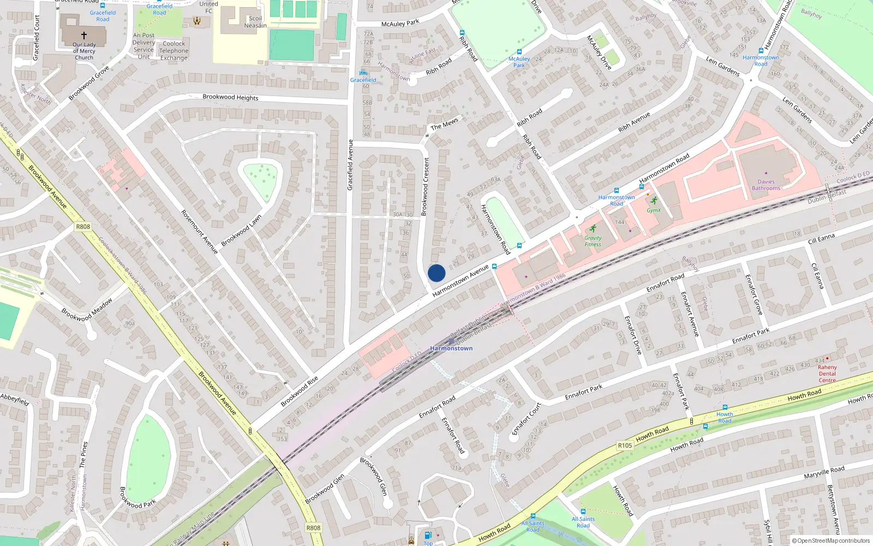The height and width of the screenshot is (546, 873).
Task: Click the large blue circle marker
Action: tap(436, 273)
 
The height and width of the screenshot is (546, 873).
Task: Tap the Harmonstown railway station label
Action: tap(451, 348)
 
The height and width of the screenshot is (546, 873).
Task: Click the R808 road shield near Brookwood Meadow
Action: tap(83, 227)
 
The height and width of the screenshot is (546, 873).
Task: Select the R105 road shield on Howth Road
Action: tap(625, 446)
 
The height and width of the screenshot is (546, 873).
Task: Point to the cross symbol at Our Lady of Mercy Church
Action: tap(84, 35)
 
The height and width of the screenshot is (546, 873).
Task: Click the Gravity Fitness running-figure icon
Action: tap(593, 229)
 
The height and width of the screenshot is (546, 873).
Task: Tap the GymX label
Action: tap(653, 210)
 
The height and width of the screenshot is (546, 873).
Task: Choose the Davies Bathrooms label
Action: tap(766, 185)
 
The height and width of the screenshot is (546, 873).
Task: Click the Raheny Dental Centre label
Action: tap(827, 373)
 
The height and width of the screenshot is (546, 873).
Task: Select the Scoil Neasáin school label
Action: tap(255, 22)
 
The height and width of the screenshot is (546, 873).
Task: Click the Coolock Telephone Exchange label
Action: tap(174, 51)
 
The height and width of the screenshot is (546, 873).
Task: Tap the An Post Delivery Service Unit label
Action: tap(143, 46)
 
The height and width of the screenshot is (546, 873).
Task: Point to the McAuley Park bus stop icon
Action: tap(519, 52)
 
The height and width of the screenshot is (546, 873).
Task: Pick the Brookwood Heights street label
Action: tap(230, 97)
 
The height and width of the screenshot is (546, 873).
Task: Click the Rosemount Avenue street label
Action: tap(199, 232)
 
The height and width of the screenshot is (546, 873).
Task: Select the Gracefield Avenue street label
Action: tap(350, 165)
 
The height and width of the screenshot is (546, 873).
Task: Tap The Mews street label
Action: tap(444, 124)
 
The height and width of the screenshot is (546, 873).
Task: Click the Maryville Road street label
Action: tap(824, 472)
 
